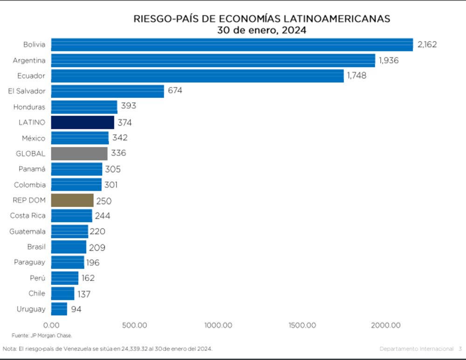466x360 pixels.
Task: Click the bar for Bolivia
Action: pyautogui.click(x=232, y=45)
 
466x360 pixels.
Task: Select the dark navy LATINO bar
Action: pyautogui.click(x=82, y=123)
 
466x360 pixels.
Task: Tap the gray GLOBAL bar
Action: pyautogui.click(x=79, y=153)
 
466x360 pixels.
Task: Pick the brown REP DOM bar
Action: pyautogui.click(x=72, y=201)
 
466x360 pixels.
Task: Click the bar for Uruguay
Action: pyautogui.click(x=59, y=309)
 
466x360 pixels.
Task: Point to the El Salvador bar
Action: pyautogui.click(x=107, y=91)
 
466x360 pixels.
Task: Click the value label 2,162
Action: pyautogui.click(x=427, y=45)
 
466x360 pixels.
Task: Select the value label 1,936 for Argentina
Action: pyautogui.click(x=389, y=60)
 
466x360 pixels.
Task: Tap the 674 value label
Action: pyautogui.click(x=175, y=90)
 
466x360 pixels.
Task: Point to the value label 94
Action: pyautogui.click(x=76, y=309)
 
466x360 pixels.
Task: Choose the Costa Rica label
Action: pyautogui.click(x=28, y=216)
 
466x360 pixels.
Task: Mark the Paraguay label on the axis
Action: pyautogui.click(x=30, y=262)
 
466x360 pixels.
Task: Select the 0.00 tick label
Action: pyautogui.click(x=51, y=325)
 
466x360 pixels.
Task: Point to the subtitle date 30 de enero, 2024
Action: pyautogui.click(x=261, y=30)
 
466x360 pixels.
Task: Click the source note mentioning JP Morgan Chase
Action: pyautogui.click(x=42, y=336)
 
